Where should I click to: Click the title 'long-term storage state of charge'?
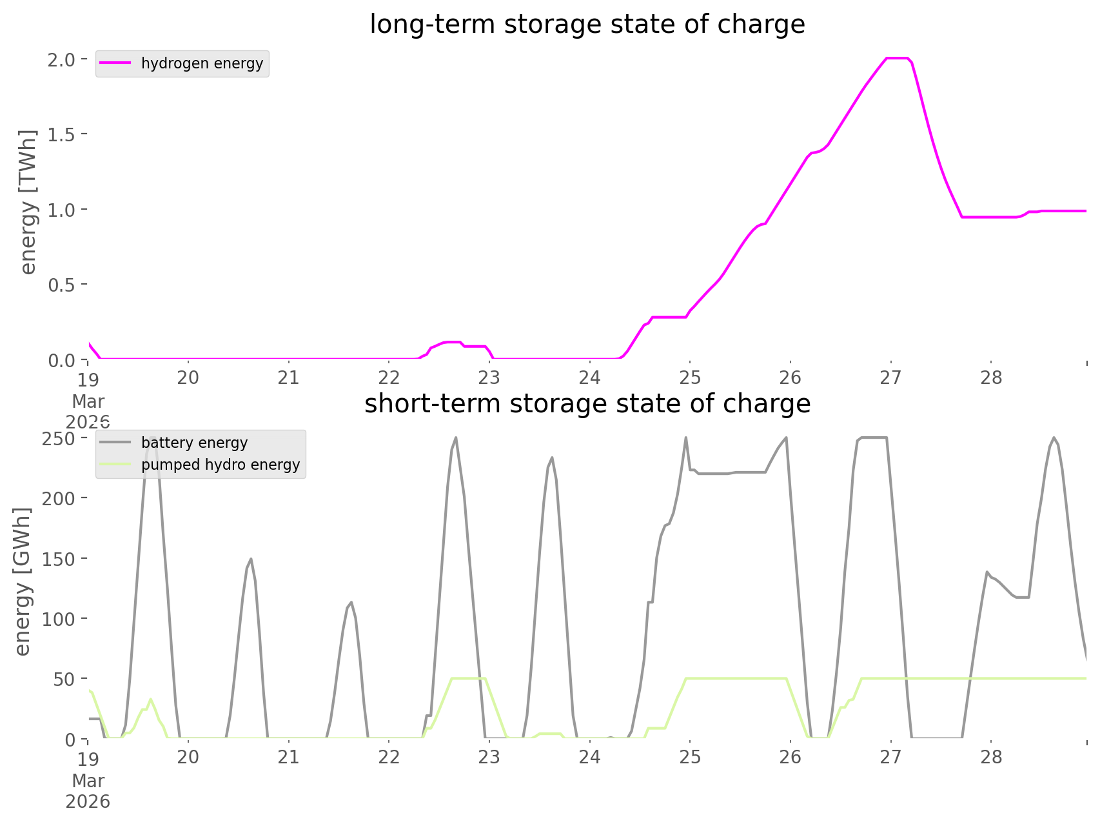click(587, 25)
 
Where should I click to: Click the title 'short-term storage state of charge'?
click(587, 404)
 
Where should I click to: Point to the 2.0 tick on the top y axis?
click(63, 59)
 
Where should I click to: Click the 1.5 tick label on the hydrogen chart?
click(63, 134)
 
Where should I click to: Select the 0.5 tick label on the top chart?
click(63, 285)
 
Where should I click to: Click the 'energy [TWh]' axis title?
click(28, 202)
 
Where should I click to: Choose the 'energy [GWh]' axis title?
click(23, 581)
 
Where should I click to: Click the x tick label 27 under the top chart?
click(890, 377)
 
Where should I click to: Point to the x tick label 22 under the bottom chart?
click(389, 757)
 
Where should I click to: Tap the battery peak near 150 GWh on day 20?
click(251, 559)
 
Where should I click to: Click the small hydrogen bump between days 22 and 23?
click(451, 342)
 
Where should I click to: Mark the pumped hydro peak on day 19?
click(151, 699)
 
